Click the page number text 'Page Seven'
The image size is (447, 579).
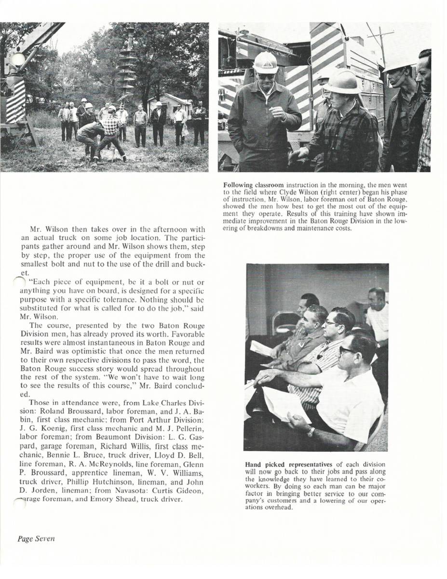point(36,538)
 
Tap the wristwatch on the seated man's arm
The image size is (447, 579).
point(311,431)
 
